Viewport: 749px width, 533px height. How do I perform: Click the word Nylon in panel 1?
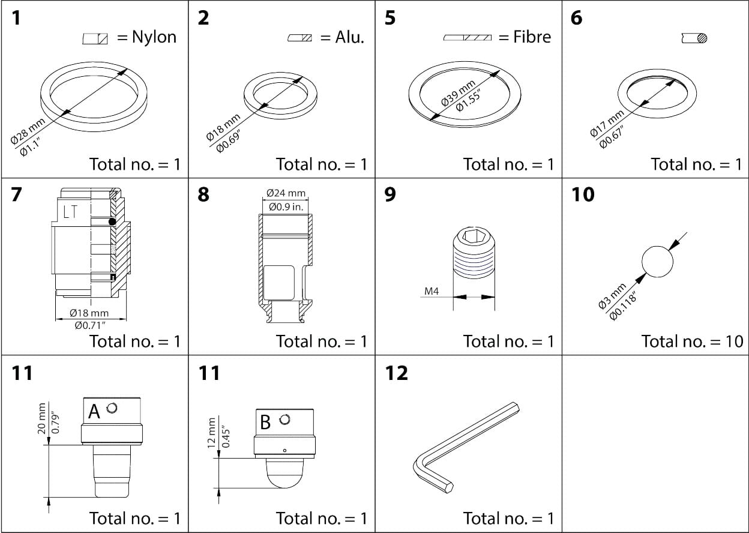pos(154,37)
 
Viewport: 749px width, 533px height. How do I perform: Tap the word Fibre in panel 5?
pos(532,37)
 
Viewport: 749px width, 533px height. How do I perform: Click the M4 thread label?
pos(432,292)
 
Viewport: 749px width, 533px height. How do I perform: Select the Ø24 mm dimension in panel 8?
pos(286,193)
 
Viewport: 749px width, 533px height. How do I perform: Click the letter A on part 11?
pos(94,412)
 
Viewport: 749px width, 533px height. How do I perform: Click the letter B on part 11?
pos(265,422)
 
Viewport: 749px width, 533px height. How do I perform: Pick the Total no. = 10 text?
pos(692,341)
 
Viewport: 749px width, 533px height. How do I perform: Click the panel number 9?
pos(390,195)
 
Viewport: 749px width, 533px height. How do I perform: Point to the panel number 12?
pos(397,373)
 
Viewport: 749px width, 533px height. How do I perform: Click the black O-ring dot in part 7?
pos(112,222)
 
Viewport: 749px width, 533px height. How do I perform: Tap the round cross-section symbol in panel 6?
pos(702,38)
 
